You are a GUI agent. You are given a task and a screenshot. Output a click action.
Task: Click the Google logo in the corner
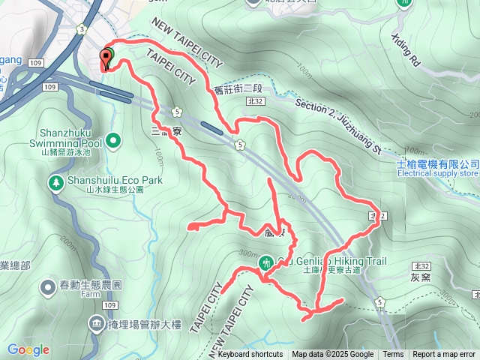28,349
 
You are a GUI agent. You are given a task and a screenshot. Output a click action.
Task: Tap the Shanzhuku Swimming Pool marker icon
113,140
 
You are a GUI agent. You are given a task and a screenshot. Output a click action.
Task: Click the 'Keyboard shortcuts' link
250,355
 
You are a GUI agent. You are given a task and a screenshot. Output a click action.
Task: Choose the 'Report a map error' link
444,355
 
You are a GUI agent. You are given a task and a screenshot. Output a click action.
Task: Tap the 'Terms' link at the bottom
393,355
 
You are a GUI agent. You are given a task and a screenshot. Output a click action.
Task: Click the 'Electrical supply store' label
438,173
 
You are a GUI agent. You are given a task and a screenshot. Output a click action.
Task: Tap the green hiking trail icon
266,262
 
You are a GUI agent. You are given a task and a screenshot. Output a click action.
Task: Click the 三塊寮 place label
166,130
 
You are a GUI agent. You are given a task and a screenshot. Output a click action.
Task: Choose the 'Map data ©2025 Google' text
333,355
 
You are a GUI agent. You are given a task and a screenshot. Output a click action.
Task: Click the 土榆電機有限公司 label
438,163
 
